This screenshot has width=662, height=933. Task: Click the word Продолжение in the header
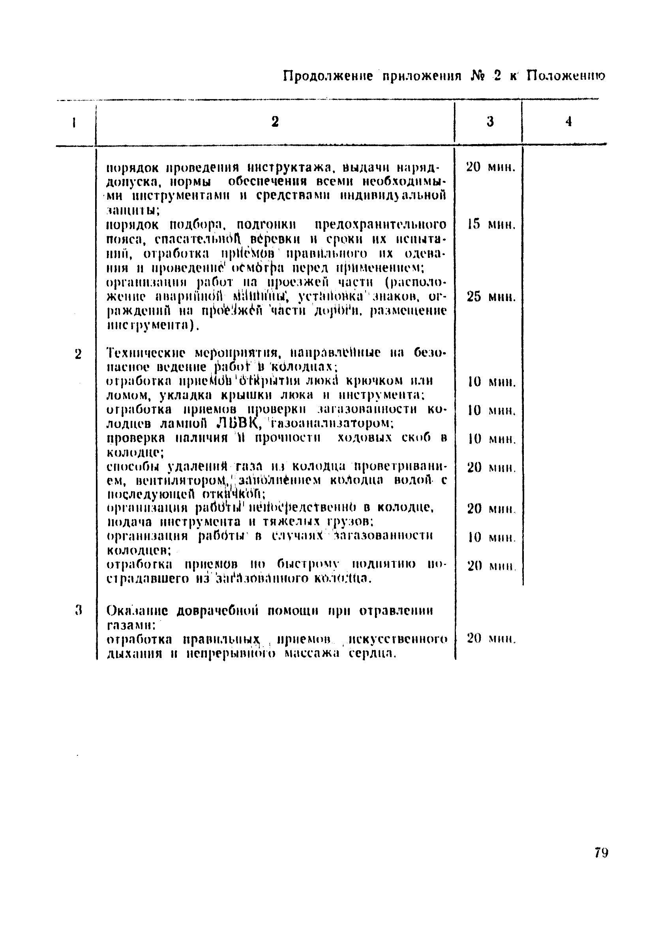(328, 76)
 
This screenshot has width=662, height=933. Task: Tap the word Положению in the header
(566, 75)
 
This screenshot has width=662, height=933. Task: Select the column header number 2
(275, 121)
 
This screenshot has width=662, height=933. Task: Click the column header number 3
(490, 121)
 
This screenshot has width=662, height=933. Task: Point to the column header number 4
(569, 121)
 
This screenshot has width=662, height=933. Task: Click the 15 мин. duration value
(491, 225)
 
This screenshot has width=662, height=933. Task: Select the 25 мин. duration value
(491, 297)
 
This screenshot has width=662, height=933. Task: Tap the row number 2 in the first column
(78, 354)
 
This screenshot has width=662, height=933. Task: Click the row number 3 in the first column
(79, 610)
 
